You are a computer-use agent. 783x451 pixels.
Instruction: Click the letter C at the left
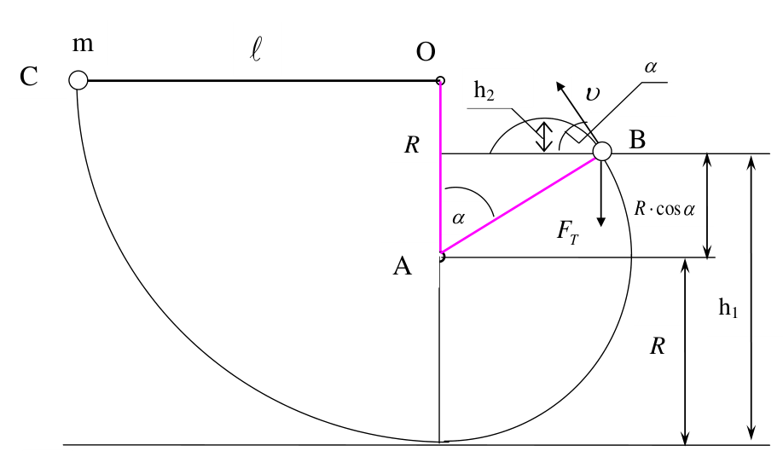tap(29, 77)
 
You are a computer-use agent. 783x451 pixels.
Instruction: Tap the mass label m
tap(83, 44)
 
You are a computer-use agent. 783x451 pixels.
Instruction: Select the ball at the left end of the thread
tap(78, 80)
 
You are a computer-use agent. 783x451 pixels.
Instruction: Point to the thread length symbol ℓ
tap(256, 50)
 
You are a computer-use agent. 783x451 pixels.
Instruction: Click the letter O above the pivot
tap(426, 52)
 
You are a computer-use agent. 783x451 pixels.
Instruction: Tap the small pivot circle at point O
tap(440, 80)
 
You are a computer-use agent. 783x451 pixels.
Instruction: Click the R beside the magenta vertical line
tap(412, 145)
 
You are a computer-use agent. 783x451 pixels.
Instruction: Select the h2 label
tap(484, 91)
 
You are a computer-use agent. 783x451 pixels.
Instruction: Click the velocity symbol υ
tap(592, 93)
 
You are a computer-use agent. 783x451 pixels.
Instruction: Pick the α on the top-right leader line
tap(650, 66)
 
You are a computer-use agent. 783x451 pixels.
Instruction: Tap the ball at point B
tap(602, 151)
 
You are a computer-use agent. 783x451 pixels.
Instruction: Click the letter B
tap(637, 140)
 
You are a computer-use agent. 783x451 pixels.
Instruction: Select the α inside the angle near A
tap(458, 218)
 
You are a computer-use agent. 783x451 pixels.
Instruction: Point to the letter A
tap(403, 266)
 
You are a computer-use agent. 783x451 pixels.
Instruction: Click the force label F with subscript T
tap(568, 233)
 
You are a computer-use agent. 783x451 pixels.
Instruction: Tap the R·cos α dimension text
tap(664, 208)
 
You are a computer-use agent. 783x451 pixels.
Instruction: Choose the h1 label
tap(728, 307)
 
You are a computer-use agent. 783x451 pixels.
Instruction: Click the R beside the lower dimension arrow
tap(658, 346)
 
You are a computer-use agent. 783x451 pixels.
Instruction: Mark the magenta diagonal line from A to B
tap(518, 205)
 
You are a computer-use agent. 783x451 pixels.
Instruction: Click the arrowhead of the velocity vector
tap(560, 86)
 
